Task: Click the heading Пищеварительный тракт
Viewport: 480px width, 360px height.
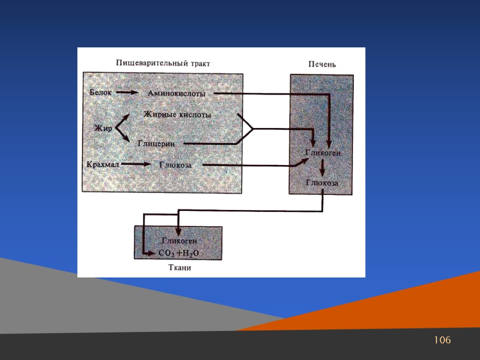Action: click(x=163, y=63)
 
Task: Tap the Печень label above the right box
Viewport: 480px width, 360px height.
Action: click(x=322, y=64)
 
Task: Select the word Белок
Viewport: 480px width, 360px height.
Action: click(x=101, y=92)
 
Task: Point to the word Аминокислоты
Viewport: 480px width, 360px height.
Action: click(x=177, y=93)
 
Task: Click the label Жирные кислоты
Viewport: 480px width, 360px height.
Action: click(x=177, y=115)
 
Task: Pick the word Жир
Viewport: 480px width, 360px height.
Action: click(x=103, y=128)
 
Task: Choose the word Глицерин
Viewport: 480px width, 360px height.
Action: click(x=157, y=144)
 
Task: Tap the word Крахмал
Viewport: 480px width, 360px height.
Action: click(x=103, y=165)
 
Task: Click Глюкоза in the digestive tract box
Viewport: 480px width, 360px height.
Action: click(x=175, y=165)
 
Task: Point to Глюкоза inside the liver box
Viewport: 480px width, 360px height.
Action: click(x=322, y=183)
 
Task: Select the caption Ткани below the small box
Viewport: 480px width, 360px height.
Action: click(x=180, y=268)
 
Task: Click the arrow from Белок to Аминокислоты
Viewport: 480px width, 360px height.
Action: click(x=127, y=92)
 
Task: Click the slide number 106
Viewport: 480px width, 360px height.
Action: click(x=442, y=340)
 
